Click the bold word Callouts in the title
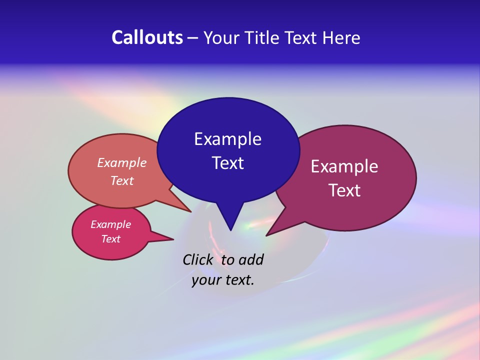point(147,38)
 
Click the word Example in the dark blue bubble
point(227,139)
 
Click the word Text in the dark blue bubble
point(227,163)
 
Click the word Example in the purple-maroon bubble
point(344,166)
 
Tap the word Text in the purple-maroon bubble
point(344,190)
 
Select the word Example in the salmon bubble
point(121,163)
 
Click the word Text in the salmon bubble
point(121,181)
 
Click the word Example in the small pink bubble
point(110,224)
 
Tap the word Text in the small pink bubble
point(110,239)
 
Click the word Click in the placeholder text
point(198,259)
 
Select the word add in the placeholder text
point(251,259)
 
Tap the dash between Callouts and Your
point(193,38)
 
